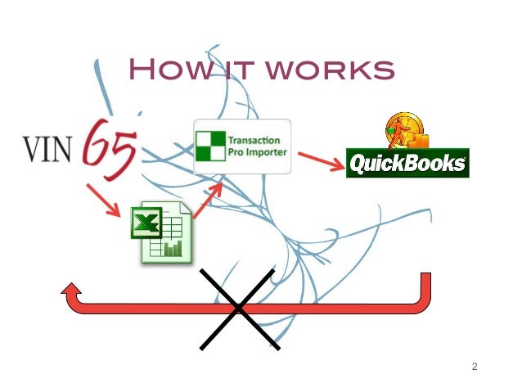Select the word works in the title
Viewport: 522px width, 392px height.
coord(331,70)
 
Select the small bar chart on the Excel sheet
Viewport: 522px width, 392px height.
coord(172,247)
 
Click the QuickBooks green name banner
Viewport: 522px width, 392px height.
coord(407,163)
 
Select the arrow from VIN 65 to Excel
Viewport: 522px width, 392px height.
coord(105,201)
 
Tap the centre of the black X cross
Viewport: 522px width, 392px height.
coord(239,309)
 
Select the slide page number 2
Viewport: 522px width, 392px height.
coord(474,366)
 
